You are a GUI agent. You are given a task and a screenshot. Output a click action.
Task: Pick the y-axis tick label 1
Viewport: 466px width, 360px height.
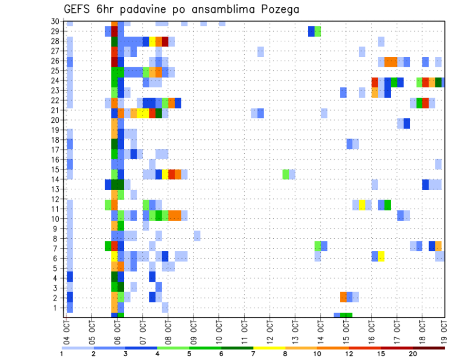(x=57, y=308)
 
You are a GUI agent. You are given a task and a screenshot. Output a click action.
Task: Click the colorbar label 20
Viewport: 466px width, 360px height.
(x=413, y=354)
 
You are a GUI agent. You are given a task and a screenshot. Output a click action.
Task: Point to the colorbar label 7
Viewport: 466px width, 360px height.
(x=253, y=354)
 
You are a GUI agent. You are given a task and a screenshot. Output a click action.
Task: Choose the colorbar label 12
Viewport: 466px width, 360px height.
(x=349, y=354)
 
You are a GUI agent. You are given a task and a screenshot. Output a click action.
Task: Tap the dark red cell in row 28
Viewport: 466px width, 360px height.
(x=165, y=41)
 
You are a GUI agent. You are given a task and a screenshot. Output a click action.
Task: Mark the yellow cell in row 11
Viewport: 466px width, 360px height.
(x=362, y=204)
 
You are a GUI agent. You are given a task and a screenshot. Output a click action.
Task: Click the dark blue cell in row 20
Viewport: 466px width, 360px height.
(x=407, y=123)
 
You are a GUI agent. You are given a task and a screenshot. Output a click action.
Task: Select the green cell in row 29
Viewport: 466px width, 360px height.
(x=317, y=31)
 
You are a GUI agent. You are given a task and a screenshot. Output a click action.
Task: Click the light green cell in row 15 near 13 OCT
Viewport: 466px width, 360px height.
(x=286, y=174)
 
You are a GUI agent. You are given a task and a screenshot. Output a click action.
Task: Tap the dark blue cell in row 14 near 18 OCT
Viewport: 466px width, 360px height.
(x=425, y=184)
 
